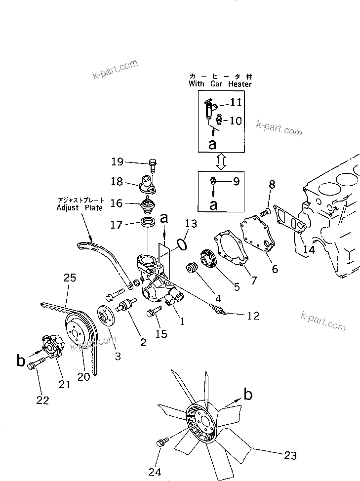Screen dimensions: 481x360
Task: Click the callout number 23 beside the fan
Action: [x=291, y=455]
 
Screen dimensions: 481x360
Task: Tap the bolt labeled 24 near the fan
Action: [x=161, y=443]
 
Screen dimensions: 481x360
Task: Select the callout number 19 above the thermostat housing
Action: [x=117, y=161]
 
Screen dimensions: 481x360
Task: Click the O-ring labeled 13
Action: [x=181, y=243]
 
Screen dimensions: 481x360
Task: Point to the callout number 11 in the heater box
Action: [x=236, y=102]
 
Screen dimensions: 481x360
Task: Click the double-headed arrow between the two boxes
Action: [x=221, y=160]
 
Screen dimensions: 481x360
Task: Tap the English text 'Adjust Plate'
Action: [x=80, y=208]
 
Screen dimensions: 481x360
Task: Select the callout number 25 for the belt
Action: [x=70, y=279]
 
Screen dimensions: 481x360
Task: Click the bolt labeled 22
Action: [x=35, y=365]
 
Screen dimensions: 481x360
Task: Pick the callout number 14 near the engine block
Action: [x=309, y=249]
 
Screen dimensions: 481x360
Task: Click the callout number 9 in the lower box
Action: [x=236, y=181]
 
